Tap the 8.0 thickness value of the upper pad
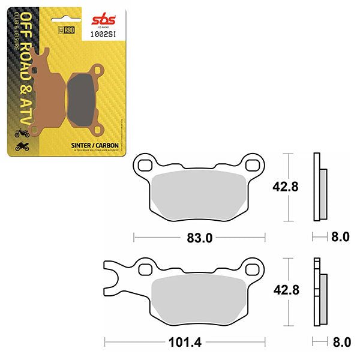(340, 237)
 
